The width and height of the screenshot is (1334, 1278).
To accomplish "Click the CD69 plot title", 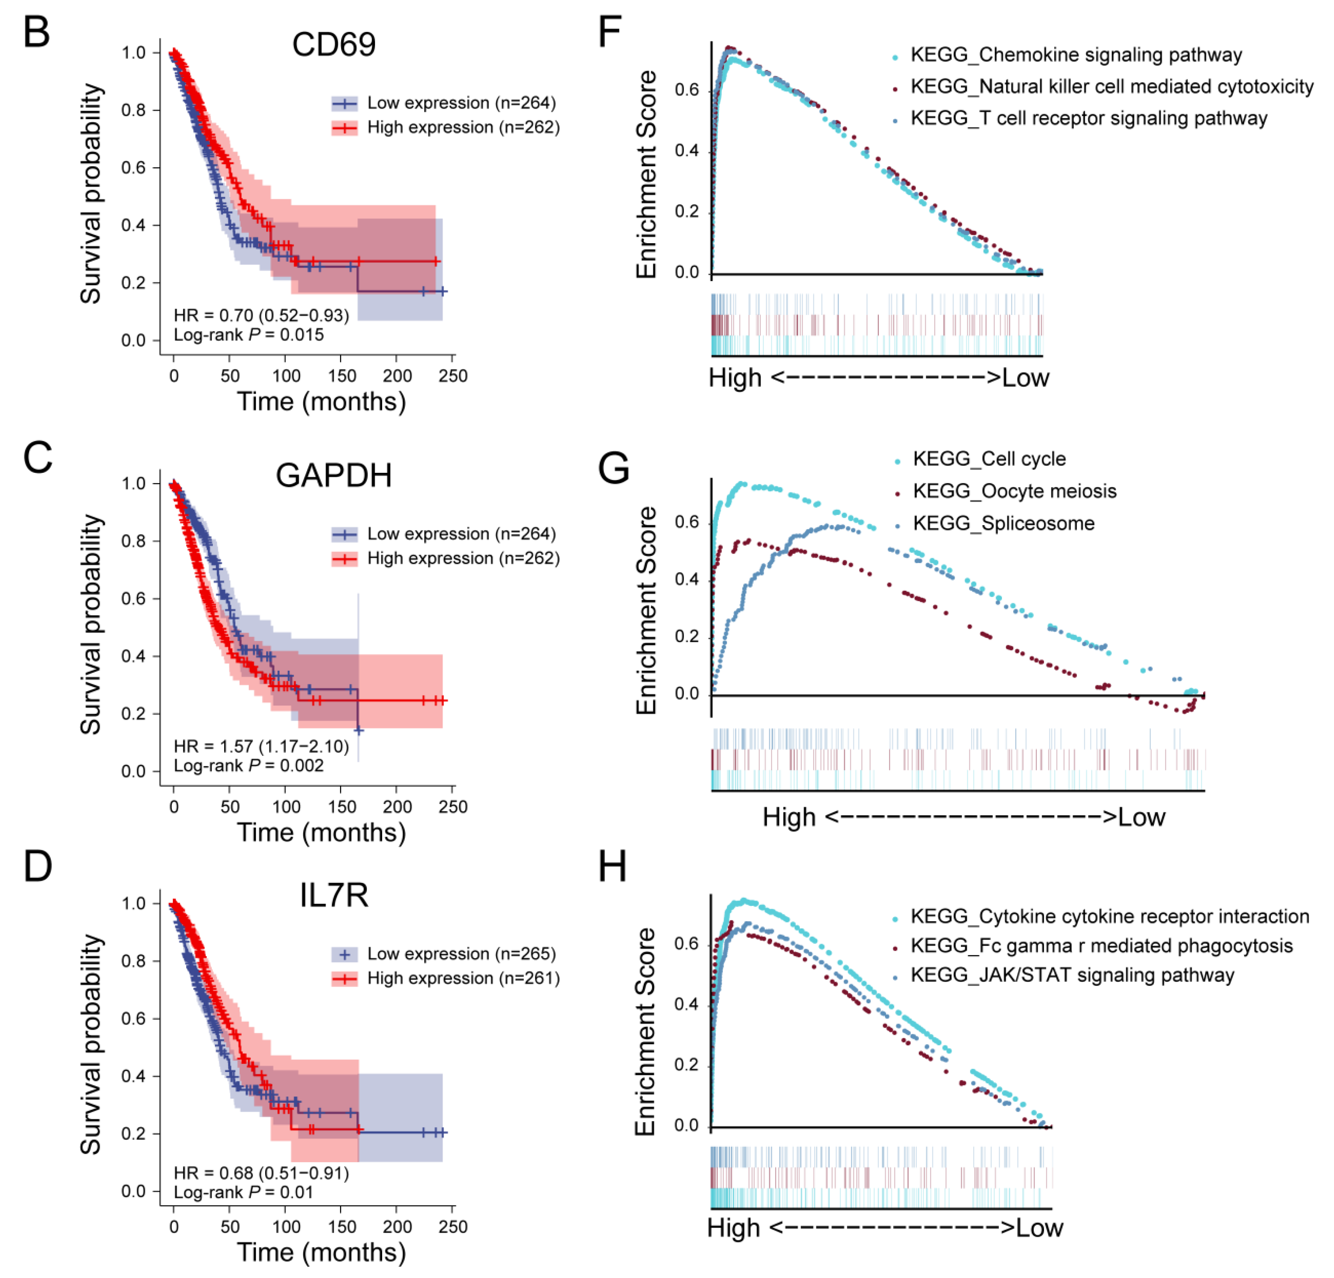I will point(334,45).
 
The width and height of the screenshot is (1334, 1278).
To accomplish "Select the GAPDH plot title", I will point(334,475).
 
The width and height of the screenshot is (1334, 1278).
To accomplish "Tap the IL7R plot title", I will point(334,895).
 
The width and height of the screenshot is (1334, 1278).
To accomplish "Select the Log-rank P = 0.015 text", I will point(249,335).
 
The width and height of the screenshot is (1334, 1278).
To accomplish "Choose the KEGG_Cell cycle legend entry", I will point(989,459).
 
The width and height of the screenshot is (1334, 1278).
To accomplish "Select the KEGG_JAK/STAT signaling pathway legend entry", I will point(1072,975).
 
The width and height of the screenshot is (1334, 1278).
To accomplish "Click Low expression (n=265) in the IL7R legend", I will point(461,954).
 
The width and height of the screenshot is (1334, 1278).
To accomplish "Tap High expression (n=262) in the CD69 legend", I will point(463,127).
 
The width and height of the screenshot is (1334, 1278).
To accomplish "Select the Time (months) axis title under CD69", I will point(321,401).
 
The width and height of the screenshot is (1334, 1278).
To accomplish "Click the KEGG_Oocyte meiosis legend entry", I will point(1014,491).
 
